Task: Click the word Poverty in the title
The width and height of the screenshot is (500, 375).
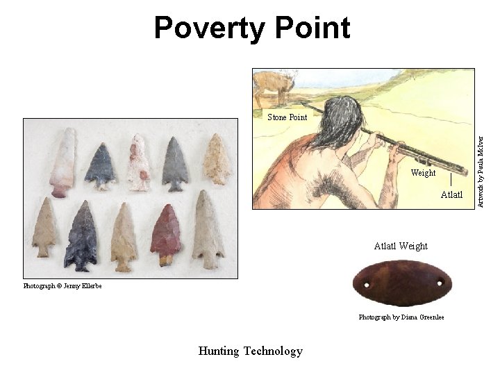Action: coord(209,28)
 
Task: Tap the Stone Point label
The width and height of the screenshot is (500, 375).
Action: coord(287,117)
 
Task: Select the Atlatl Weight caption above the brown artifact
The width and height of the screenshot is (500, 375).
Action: coord(401,246)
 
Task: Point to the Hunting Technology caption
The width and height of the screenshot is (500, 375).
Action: coord(250,351)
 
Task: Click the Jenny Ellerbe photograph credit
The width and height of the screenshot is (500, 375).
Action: coord(62,286)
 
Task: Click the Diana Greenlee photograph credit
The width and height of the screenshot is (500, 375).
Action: coord(401,317)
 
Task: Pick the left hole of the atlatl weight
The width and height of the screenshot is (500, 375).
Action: coord(365,283)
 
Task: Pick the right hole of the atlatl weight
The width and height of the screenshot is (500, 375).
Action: coord(439,283)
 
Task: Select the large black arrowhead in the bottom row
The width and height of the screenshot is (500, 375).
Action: coord(81,236)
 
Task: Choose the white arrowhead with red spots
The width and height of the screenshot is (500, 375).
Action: coord(138,162)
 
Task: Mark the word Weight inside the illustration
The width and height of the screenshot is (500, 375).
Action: coord(423,173)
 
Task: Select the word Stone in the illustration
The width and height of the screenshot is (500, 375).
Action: coord(278,117)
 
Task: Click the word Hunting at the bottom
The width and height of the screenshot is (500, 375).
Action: coord(219,351)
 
